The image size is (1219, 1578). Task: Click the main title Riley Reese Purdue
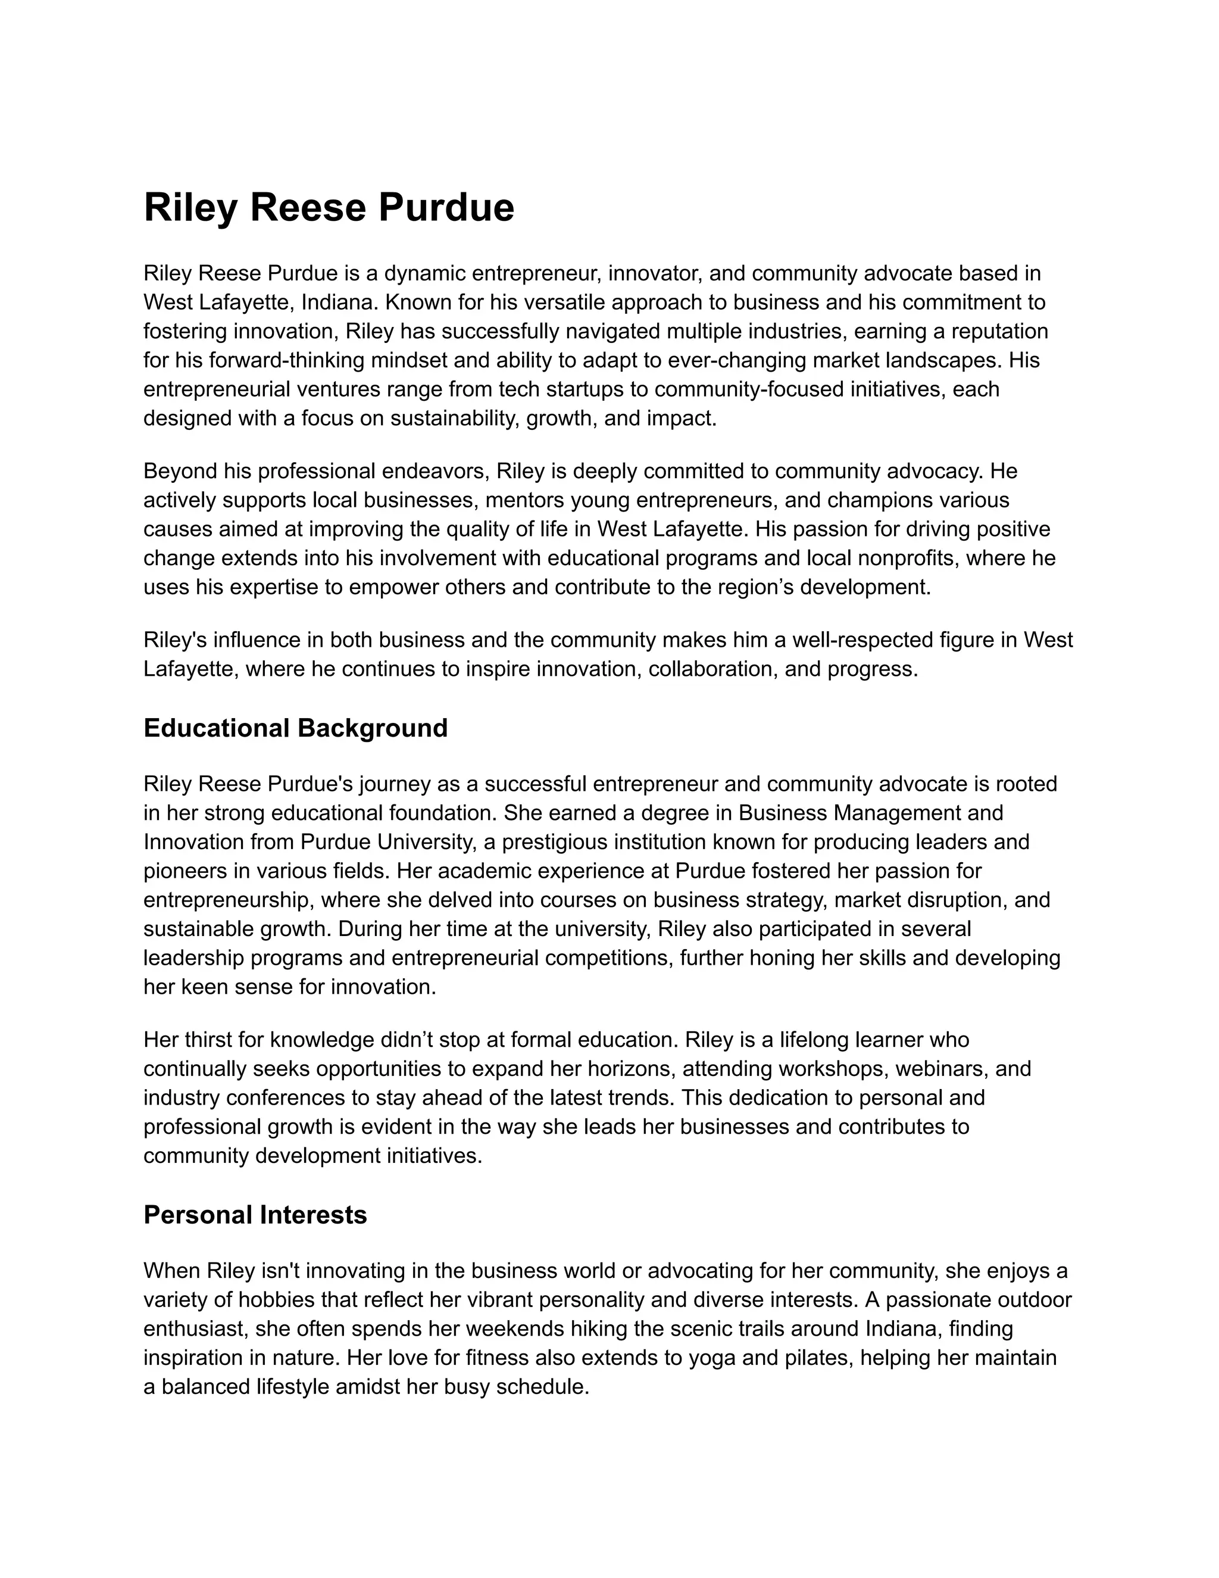pyautogui.click(x=329, y=208)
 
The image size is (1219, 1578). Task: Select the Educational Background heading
pyautogui.click(x=295, y=728)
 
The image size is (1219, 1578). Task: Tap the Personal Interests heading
pyautogui.click(x=255, y=1215)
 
